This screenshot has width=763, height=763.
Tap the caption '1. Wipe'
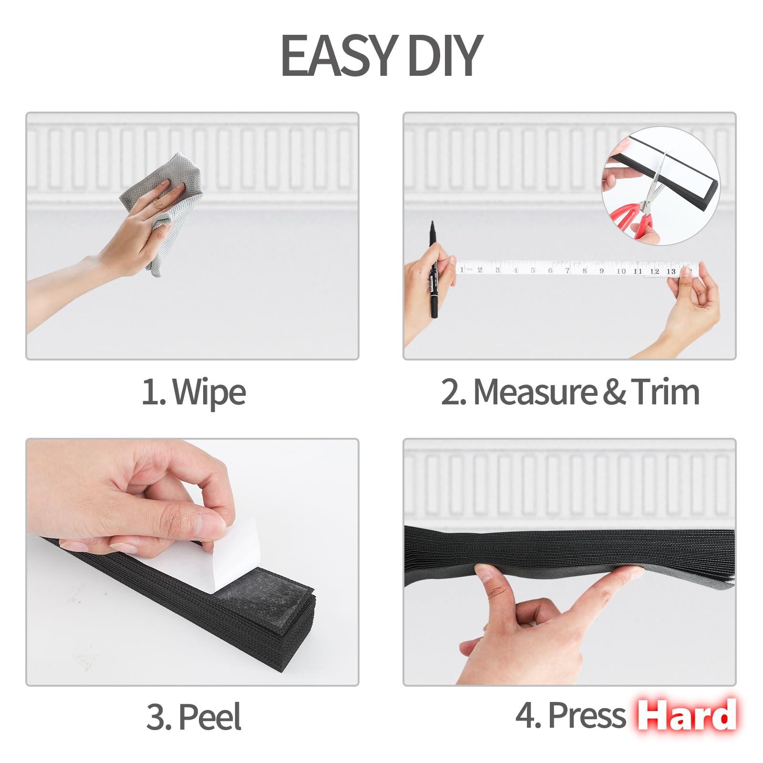click(x=194, y=392)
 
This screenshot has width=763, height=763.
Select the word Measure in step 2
click(x=535, y=392)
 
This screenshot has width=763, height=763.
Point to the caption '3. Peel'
click(x=194, y=716)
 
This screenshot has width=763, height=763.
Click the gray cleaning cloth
click(x=164, y=210)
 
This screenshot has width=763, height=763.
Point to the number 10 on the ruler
click(x=621, y=271)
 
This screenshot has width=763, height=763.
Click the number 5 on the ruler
click(x=533, y=270)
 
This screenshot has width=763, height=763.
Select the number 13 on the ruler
click(x=671, y=271)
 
